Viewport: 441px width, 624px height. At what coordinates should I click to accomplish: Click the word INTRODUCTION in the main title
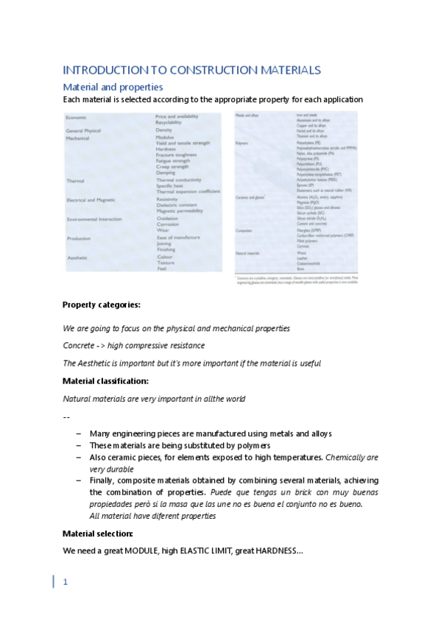(99, 70)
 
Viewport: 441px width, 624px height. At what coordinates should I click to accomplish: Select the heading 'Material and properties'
(113, 87)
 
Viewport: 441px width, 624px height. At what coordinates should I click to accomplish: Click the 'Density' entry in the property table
(163, 130)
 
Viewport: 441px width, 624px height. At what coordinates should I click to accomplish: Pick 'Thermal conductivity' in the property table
(178, 180)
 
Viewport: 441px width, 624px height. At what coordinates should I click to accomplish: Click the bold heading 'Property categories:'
(102, 305)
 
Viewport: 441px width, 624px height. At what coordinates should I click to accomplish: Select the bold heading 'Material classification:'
(106, 381)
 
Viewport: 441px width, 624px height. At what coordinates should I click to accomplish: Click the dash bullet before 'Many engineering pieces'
(79, 434)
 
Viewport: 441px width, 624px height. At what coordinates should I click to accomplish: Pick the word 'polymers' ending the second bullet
(252, 445)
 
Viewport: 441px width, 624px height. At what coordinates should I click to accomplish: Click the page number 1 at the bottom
(66, 583)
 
